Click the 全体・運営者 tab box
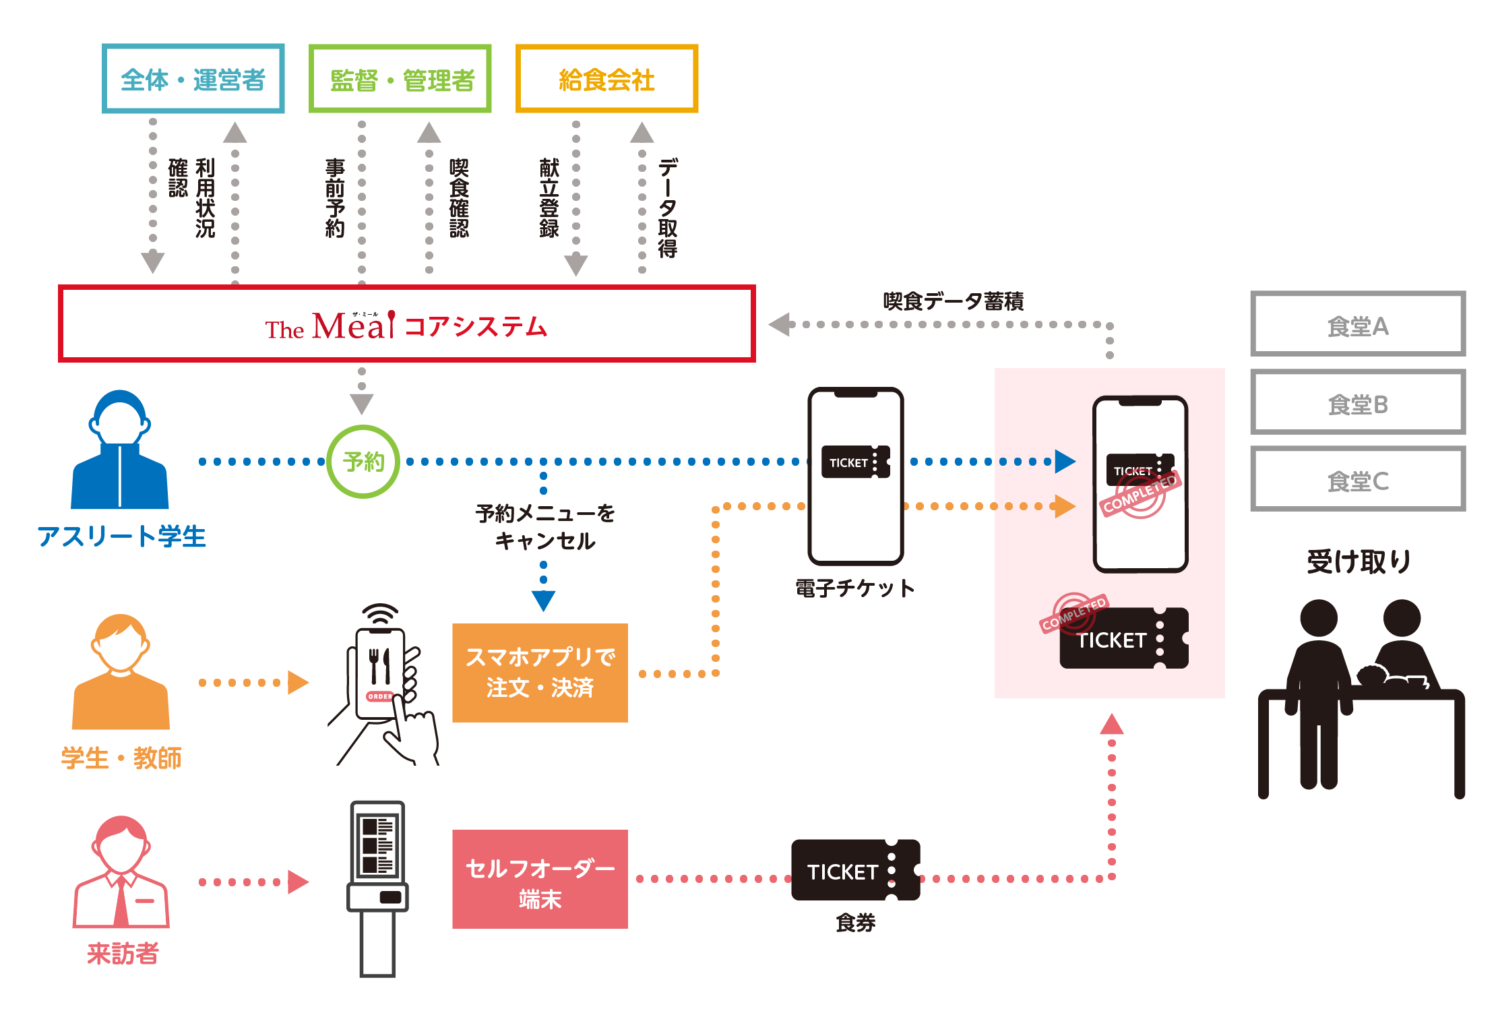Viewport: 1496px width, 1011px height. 193,80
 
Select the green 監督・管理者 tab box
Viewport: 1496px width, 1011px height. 402,80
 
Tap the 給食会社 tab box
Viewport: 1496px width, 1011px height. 606,80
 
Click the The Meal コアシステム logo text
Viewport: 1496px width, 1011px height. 406,326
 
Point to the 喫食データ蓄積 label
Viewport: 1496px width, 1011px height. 953,301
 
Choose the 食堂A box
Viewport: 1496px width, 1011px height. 1357,326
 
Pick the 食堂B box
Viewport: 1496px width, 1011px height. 1357,404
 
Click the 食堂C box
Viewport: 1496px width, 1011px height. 1357,481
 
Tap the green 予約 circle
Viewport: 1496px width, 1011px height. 363,462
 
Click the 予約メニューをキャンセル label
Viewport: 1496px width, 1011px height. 545,527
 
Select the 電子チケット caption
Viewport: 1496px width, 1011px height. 854,588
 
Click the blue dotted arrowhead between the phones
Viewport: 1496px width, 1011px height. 1065,462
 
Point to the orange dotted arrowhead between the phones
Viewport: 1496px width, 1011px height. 1065,506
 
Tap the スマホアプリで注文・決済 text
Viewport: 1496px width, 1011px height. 540,672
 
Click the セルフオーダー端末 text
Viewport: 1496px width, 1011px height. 540,883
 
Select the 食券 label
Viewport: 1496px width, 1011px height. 855,922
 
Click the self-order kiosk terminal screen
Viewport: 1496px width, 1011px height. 377,845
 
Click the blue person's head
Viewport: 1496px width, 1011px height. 119,422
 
